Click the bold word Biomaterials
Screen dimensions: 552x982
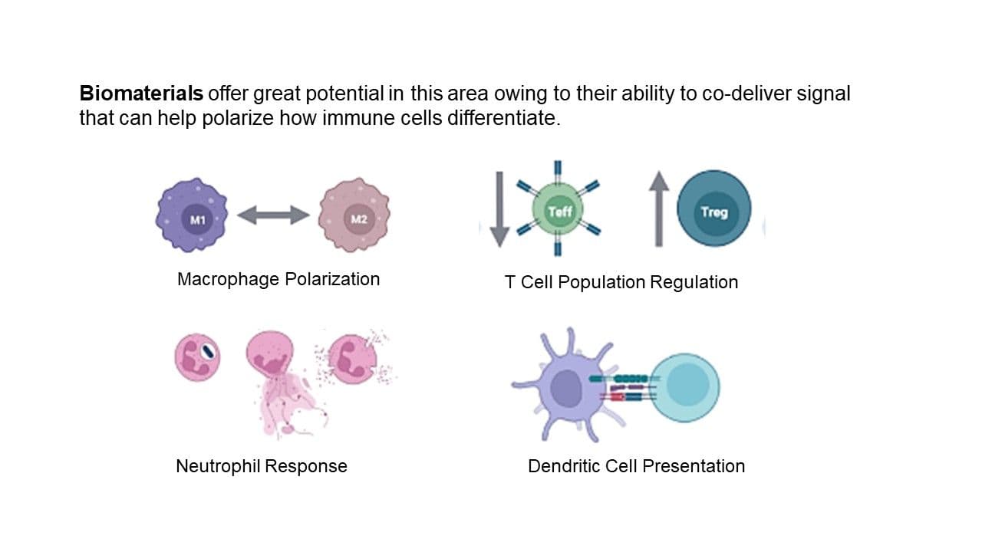141,94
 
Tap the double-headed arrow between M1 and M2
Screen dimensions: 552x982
273,215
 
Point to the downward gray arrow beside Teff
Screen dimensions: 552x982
499,209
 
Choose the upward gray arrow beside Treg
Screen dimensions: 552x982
658,209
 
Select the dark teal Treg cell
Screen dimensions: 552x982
713,209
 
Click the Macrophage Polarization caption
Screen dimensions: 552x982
278,279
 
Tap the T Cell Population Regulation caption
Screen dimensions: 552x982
621,282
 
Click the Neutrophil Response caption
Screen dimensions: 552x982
262,466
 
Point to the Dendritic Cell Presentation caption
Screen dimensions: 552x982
636,466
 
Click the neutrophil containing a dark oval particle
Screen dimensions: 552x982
198,357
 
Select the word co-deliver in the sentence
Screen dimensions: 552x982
743,94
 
